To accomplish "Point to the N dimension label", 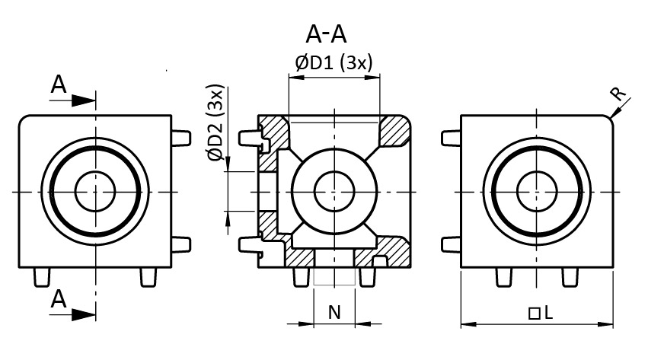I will point(334,311).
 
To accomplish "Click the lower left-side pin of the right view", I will point(452,244).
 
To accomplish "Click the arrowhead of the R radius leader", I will point(611,116).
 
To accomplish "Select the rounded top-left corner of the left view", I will point(23,119).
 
